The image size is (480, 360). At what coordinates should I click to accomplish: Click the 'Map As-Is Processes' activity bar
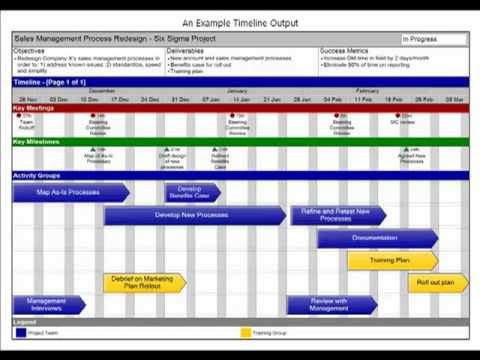(x=68, y=192)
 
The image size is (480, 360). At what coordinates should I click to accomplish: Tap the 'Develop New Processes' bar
(x=193, y=215)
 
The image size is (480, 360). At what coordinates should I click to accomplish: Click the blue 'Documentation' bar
(x=376, y=238)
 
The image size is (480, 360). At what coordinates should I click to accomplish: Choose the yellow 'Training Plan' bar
(x=390, y=260)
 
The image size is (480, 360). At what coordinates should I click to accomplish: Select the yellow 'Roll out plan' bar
(x=436, y=283)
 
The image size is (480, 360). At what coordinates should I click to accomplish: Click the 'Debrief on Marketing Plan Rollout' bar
(x=142, y=283)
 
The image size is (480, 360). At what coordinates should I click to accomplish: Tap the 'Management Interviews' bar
(x=46, y=305)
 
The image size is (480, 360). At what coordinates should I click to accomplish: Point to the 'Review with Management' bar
(x=330, y=305)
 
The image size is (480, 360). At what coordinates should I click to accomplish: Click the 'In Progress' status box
(x=432, y=40)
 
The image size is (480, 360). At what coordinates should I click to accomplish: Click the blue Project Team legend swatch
(x=20, y=332)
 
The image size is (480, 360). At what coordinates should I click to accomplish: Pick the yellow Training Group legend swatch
(x=245, y=332)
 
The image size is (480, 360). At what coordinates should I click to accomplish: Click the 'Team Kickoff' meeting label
(x=27, y=127)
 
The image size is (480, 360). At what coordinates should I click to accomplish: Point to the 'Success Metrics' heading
(x=344, y=50)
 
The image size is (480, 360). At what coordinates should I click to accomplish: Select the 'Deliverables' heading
(x=185, y=50)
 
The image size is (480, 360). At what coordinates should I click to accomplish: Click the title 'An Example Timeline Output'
(x=239, y=22)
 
